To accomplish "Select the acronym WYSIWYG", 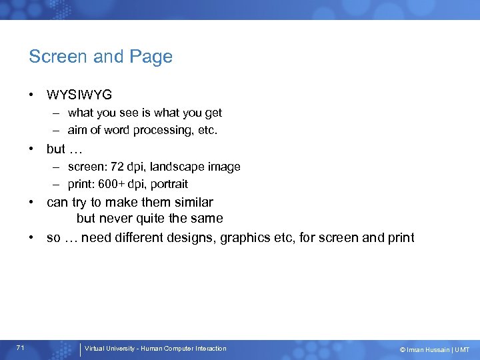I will pyautogui.click(x=79, y=95).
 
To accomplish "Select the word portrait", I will pyautogui.click(x=168, y=184).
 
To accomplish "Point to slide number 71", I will pyautogui.click(x=21, y=348).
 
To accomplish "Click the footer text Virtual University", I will pyautogui.click(x=109, y=349).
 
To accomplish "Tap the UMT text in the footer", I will pyautogui.click(x=462, y=349).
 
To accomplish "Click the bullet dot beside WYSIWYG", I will pyautogui.click(x=32, y=95).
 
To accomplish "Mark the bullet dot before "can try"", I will pyautogui.click(x=32, y=202).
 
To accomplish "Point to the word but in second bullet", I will pyautogui.click(x=55, y=149).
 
